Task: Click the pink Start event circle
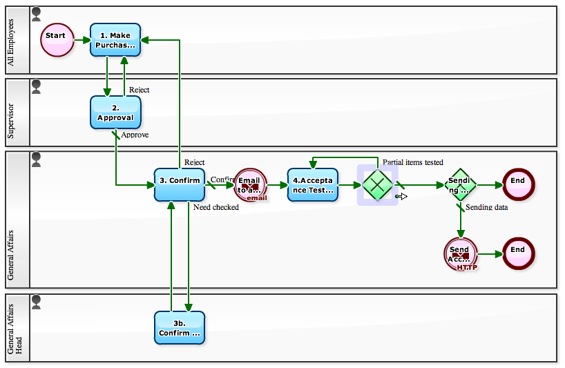[x=57, y=39]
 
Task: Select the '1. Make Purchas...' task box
[x=115, y=40]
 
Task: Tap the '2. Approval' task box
[x=115, y=113]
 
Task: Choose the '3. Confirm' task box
[x=180, y=184]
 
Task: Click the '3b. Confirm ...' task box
[x=180, y=328]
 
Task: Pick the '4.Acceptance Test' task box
[x=313, y=184]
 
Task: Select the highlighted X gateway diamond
[x=377, y=184]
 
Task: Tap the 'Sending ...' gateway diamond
[x=460, y=184]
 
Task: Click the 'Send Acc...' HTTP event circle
[x=460, y=254]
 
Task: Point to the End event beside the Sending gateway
[x=518, y=184]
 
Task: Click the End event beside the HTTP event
[x=518, y=254]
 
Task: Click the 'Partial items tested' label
[x=412, y=163]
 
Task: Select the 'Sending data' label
[x=487, y=207]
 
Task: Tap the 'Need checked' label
[x=216, y=207]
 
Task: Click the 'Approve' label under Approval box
[x=135, y=135]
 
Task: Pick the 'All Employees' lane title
[x=10, y=40]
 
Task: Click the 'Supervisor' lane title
[x=10, y=113]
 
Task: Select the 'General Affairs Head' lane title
[x=15, y=328]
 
